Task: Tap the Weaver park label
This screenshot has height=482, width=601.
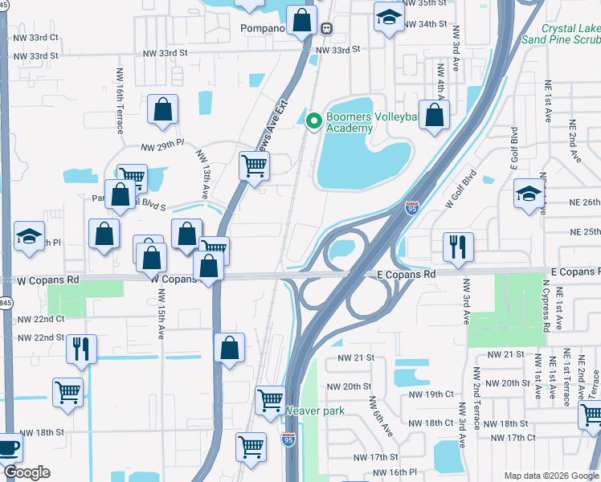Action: [314, 411]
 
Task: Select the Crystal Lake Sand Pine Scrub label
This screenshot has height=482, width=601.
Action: [560, 33]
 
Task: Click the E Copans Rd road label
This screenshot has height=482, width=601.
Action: [406, 274]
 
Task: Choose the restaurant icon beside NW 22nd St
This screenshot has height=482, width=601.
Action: [81, 349]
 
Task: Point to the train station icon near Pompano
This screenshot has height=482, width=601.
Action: [327, 28]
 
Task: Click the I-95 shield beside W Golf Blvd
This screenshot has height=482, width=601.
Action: [412, 207]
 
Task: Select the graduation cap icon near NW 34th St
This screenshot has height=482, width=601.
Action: [389, 17]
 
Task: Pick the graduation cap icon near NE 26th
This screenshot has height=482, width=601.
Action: [529, 194]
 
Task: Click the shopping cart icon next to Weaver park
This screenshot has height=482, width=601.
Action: [271, 399]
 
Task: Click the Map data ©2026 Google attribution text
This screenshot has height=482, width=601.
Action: [550, 475]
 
